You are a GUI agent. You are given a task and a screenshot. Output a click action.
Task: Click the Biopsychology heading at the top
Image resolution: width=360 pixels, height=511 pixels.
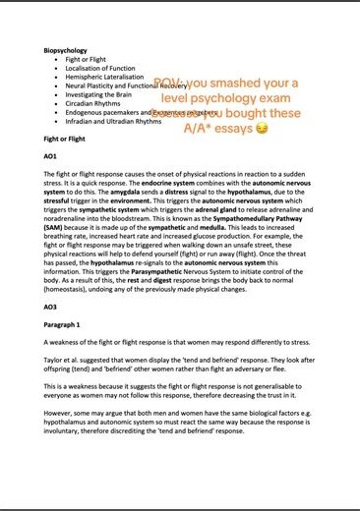(65, 48)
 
